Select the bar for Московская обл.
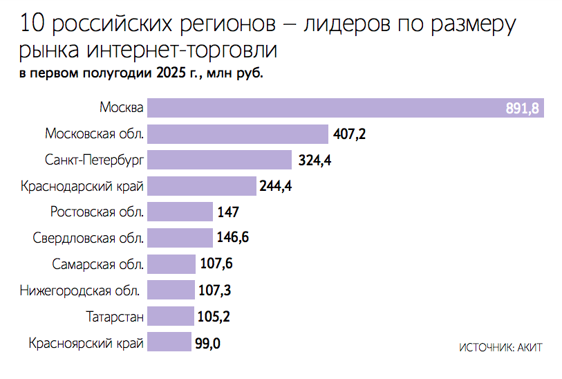(x=238, y=134)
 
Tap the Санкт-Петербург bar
(x=221, y=160)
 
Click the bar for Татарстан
(x=171, y=317)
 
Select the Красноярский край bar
(x=169, y=342)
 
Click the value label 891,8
(x=522, y=109)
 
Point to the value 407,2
(x=349, y=134)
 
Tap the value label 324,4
(x=315, y=160)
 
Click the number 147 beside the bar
(x=228, y=212)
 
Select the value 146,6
(x=233, y=239)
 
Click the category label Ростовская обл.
(x=97, y=212)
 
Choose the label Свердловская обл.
(x=88, y=239)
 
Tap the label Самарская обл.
(x=97, y=264)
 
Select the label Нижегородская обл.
(x=82, y=290)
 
